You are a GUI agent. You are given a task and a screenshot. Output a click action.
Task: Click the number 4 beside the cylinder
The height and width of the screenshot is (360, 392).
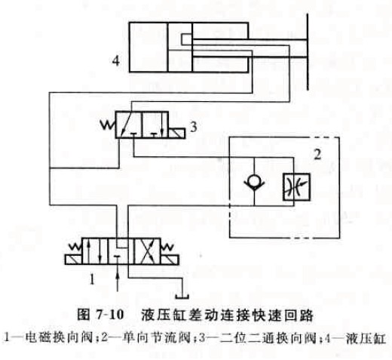116,61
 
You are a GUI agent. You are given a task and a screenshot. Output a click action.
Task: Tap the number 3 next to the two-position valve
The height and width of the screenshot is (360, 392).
193,127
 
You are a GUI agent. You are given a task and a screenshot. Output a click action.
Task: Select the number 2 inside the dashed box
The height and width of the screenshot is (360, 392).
317,154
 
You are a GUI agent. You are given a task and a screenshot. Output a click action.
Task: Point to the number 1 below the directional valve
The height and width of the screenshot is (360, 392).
92,279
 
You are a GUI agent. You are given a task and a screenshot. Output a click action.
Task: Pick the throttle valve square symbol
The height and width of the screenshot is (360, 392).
296,187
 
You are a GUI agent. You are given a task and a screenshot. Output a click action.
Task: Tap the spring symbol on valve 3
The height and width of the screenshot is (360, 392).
108,125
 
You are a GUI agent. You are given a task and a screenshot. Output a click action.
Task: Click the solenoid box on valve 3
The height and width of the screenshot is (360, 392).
177,134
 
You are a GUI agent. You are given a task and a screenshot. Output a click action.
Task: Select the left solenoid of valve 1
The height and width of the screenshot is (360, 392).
74,260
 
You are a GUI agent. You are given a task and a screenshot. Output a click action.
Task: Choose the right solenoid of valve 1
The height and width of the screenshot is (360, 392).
170,260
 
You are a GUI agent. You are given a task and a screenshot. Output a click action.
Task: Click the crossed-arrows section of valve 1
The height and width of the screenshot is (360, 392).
147,251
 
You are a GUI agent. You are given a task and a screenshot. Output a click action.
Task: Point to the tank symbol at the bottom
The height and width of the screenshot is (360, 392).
182,297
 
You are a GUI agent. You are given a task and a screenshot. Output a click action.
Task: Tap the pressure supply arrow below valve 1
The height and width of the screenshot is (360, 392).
118,282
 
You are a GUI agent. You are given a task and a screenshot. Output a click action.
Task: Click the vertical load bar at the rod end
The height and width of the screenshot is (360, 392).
308,51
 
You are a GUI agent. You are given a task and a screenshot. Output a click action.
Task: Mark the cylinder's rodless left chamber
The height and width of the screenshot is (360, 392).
149,48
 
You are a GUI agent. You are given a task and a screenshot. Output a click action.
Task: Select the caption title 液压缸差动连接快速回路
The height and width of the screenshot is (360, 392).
228,315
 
